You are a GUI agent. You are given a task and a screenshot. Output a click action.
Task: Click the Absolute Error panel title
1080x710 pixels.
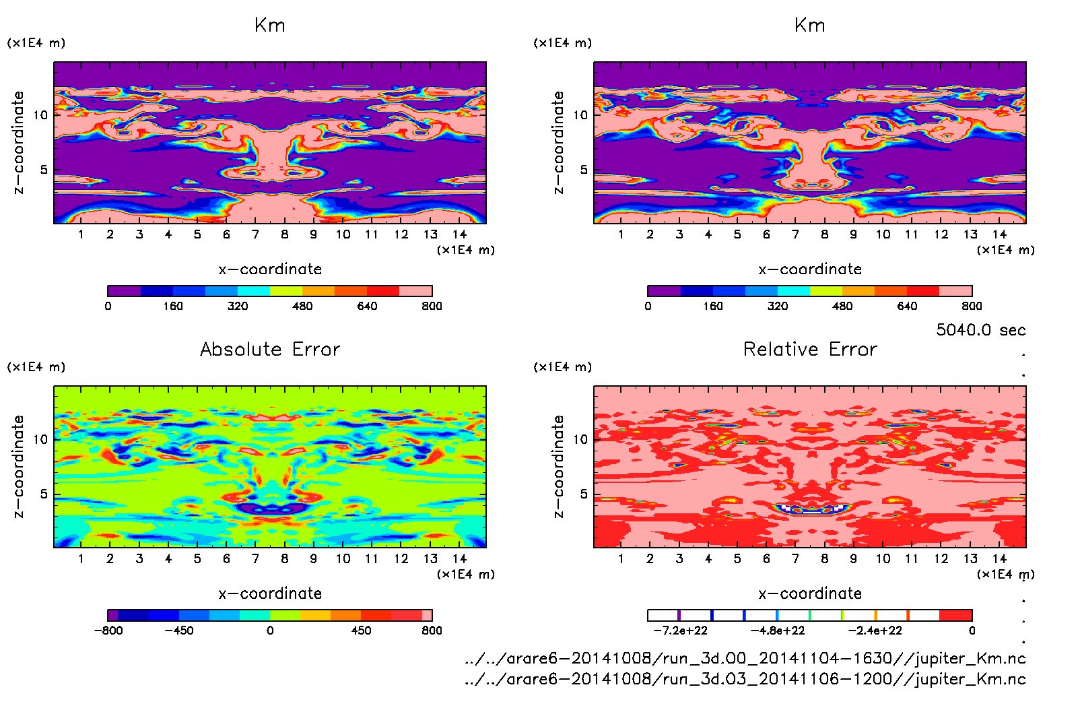(x=270, y=349)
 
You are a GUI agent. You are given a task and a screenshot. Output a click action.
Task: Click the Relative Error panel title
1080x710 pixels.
(x=810, y=349)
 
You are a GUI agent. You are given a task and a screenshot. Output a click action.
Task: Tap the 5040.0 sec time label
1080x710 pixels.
(x=980, y=330)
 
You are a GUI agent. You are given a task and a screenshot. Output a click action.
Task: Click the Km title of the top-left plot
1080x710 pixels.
(x=270, y=26)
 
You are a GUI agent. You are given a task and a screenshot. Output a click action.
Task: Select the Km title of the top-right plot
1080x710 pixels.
(x=810, y=26)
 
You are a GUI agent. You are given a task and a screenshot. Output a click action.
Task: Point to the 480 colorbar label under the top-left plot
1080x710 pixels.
(x=302, y=306)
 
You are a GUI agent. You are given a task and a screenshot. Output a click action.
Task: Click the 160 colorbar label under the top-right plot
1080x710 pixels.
(x=712, y=306)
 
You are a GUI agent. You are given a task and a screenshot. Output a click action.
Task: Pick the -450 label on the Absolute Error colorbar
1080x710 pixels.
(x=179, y=631)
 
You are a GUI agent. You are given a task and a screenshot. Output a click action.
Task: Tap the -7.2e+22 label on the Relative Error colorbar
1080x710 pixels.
(x=680, y=631)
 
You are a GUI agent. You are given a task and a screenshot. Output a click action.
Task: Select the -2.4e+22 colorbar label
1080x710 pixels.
(x=874, y=631)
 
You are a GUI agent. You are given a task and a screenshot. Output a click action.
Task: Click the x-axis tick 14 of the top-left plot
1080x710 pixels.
(x=459, y=234)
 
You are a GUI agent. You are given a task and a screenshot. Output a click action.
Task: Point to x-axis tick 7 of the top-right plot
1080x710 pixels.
(x=795, y=234)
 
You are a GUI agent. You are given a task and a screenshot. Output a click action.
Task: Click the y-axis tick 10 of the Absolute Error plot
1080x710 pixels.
(x=40, y=439)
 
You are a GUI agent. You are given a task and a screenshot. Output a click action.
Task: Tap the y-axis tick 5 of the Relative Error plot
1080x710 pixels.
(x=583, y=494)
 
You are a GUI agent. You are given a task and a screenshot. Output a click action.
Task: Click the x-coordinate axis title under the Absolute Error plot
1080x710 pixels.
(x=270, y=593)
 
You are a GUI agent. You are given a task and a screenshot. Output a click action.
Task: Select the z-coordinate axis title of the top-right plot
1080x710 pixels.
(x=558, y=142)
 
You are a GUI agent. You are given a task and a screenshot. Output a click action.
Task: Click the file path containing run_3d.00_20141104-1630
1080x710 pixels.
(x=745, y=658)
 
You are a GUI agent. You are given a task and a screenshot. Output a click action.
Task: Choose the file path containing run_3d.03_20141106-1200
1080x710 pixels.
(x=745, y=679)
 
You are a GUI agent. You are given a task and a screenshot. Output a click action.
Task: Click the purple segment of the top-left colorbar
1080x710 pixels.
(x=125, y=291)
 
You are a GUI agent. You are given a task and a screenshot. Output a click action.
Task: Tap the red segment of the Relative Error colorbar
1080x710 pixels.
(x=955, y=615)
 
